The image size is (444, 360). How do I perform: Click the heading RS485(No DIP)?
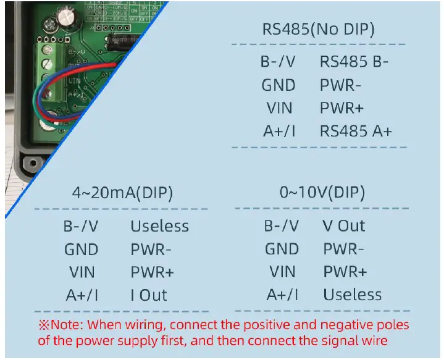point(318,29)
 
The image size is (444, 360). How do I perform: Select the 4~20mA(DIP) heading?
point(122,192)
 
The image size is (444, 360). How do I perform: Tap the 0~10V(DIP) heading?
point(322,192)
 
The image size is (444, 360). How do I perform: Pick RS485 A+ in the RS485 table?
point(356,131)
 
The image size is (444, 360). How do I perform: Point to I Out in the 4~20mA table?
point(149,295)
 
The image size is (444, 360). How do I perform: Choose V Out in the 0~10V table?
point(344,226)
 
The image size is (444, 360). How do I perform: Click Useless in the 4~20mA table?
point(159,226)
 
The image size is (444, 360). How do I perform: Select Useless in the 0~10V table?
point(352,295)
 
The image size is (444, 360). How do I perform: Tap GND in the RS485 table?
point(279,85)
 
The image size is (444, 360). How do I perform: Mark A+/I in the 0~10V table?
point(282,295)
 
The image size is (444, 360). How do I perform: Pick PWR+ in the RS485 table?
point(341,108)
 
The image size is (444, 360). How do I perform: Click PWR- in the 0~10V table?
point(343,249)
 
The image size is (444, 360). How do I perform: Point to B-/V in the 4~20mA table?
point(81,226)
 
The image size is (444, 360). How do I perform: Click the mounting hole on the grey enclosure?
point(28,164)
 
